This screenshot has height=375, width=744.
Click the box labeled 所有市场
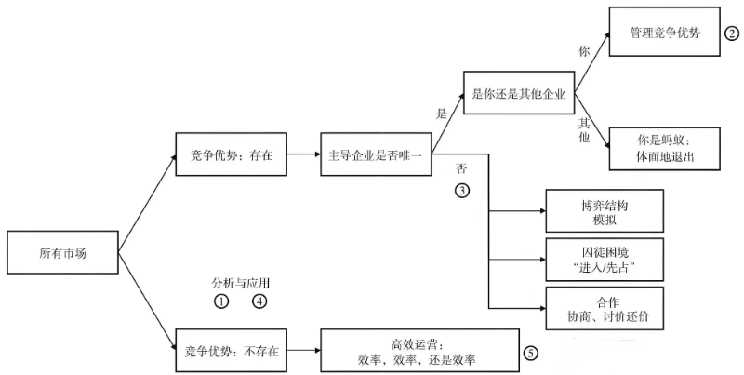(x=62, y=252)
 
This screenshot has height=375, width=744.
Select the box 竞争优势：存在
(x=231, y=154)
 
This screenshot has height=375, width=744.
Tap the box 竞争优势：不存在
(x=231, y=350)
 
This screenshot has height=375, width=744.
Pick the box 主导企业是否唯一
(x=376, y=154)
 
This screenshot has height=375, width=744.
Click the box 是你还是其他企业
(x=519, y=92)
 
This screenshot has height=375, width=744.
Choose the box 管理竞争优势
(x=665, y=32)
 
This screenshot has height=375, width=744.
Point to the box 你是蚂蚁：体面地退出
(x=665, y=149)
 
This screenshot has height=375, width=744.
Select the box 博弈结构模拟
(x=604, y=210)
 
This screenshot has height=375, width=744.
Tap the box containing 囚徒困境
(x=604, y=260)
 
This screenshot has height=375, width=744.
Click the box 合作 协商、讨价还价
(x=604, y=308)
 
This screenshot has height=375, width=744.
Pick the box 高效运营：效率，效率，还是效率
(x=420, y=350)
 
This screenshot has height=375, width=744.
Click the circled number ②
(x=732, y=33)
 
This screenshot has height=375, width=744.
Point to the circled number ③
(x=462, y=191)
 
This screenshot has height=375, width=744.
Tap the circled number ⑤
(x=531, y=353)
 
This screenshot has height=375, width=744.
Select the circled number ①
(x=221, y=301)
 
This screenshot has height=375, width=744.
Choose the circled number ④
(x=259, y=301)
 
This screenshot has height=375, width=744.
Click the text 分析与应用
(x=241, y=284)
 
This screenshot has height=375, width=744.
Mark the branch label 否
(x=461, y=168)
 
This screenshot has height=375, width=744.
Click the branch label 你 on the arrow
(x=584, y=51)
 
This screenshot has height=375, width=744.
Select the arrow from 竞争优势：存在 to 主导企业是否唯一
(x=304, y=154)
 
